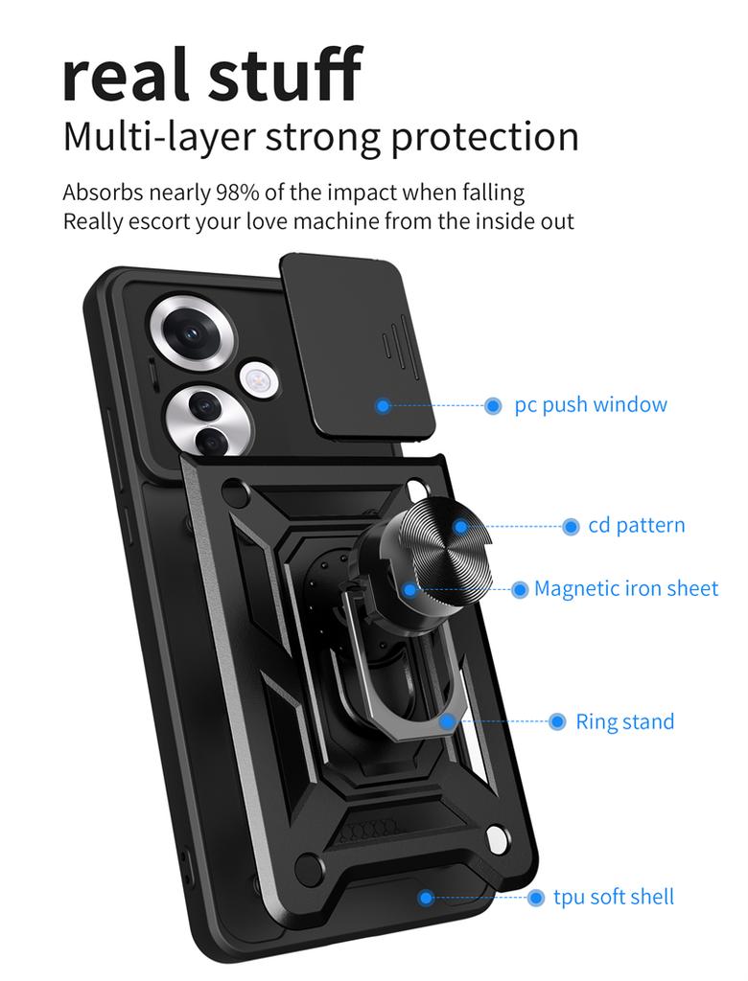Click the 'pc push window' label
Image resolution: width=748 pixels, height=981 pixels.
tap(591, 404)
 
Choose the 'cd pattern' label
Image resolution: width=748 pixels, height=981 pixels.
tap(637, 525)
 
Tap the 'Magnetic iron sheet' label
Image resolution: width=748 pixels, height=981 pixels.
tap(626, 588)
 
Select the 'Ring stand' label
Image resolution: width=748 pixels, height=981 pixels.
tap(624, 721)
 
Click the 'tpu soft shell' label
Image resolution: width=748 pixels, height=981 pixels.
tap(614, 897)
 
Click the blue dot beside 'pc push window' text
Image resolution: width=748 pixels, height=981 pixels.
tap(493, 406)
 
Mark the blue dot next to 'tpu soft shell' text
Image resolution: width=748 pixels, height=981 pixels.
tap(536, 898)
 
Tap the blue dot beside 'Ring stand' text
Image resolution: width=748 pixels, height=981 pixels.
tap(557, 722)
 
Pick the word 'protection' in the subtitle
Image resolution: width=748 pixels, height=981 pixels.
tap(484, 137)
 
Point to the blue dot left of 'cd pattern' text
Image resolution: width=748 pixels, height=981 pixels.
tap(571, 526)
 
